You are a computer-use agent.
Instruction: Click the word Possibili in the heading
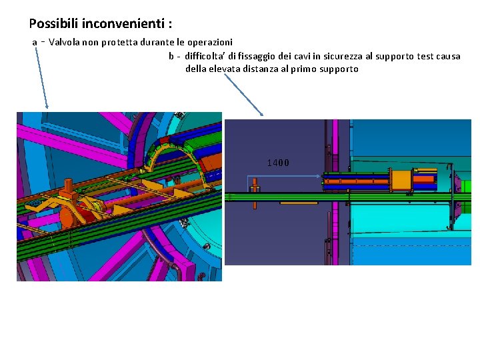click(x=53, y=23)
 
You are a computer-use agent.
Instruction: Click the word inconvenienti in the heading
click(x=123, y=23)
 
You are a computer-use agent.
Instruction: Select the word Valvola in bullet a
click(x=64, y=42)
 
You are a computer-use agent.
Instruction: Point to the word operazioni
click(x=210, y=42)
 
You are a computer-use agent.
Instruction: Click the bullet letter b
click(x=171, y=56)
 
